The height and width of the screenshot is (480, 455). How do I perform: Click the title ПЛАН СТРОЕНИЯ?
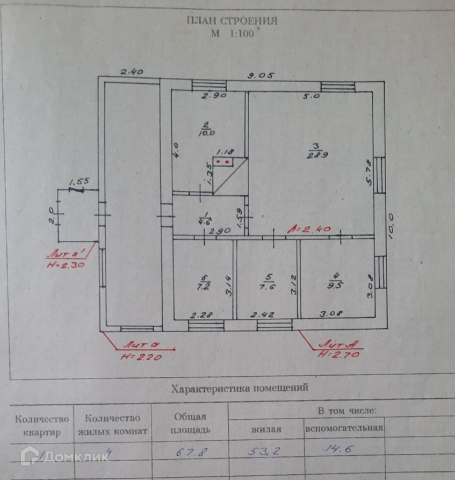point(232,21)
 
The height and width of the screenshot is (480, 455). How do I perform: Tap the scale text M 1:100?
point(235,33)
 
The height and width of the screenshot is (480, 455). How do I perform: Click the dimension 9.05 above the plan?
point(261,76)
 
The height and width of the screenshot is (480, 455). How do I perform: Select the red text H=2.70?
point(338,354)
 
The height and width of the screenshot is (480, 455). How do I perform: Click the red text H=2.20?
point(140,355)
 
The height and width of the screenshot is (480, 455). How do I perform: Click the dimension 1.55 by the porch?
point(79,182)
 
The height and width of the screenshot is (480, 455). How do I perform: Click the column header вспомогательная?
point(344,428)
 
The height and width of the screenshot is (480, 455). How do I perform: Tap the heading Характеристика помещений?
point(239,388)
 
